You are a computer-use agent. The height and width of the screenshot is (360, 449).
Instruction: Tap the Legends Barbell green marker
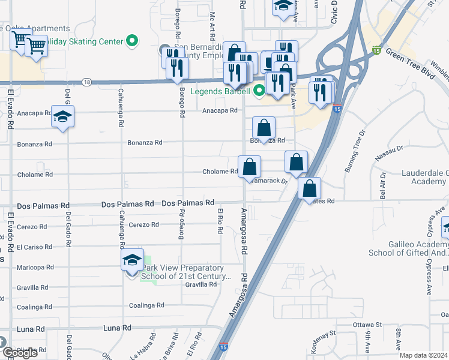tap(259, 91)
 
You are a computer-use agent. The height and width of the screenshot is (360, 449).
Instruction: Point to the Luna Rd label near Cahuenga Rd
tap(117, 328)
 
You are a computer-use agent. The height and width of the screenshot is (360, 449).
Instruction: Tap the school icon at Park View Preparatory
tap(132, 260)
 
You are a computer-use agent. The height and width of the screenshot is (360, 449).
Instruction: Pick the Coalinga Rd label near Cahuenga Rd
tap(146, 305)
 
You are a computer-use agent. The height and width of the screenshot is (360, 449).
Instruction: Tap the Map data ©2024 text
tap(423, 355)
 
